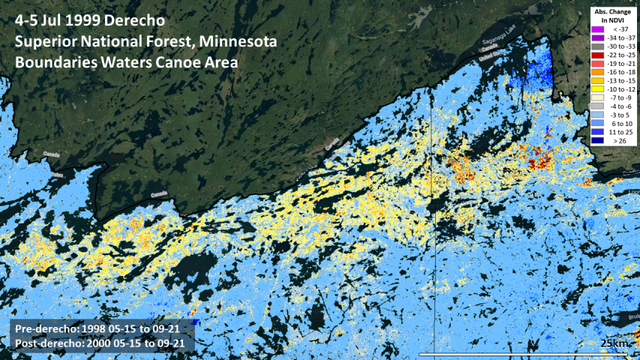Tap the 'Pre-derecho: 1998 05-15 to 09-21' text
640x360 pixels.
101,329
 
